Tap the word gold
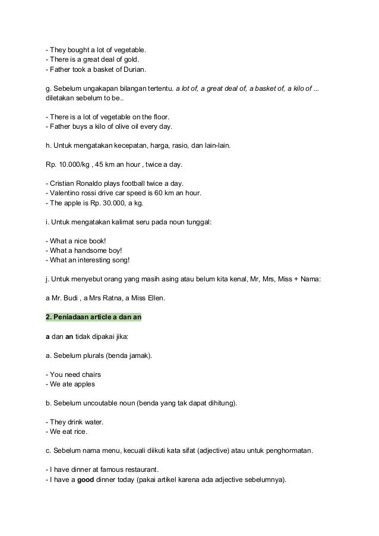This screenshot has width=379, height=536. click(131, 59)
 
